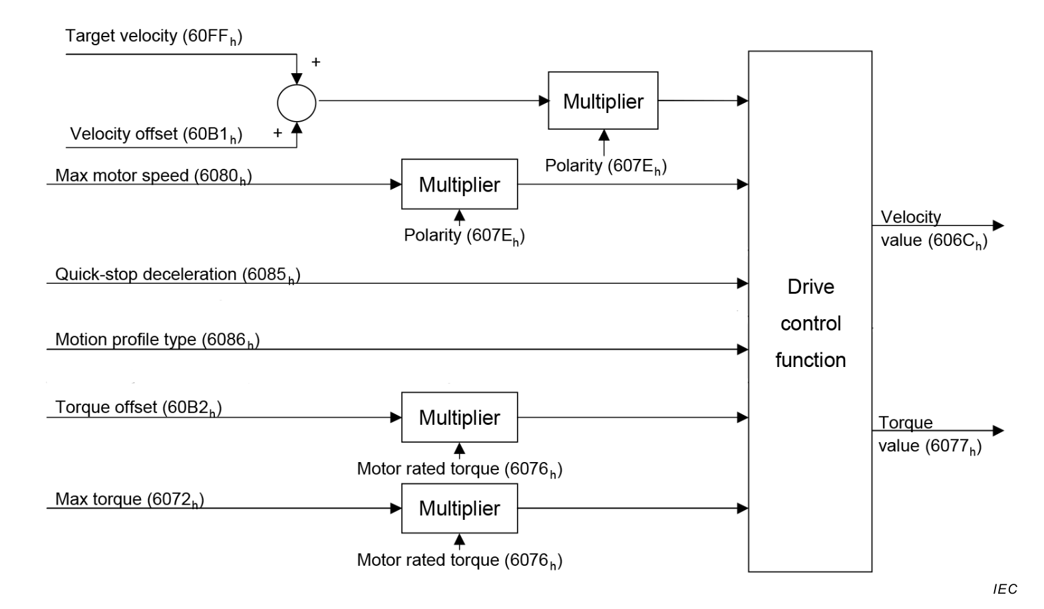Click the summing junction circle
(x=297, y=103)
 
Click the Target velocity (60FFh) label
(x=154, y=37)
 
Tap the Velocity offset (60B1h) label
(x=156, y=134)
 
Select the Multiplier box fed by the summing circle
(x=603, y=101)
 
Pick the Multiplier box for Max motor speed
(x=459, y=184)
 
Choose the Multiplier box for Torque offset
(x=459, y=418)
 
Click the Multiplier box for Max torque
(x=459, y=509)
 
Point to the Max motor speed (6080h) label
(x=153, y=176)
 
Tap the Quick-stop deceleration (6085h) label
(x=177, y=275)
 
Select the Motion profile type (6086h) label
(x=157, y=340)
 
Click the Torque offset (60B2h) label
(x=138, y=408)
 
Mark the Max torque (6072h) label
(x=129, y=499)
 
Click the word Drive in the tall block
(x=810, y=287)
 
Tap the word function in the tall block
(x=810, y=360)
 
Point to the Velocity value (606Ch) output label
(x=934, y=229)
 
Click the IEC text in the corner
(x=1005, y=589)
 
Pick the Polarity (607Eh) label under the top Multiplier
(x=606, y=166)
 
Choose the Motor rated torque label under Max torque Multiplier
(x=459, y=560)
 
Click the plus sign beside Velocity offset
(x=277, y=133)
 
